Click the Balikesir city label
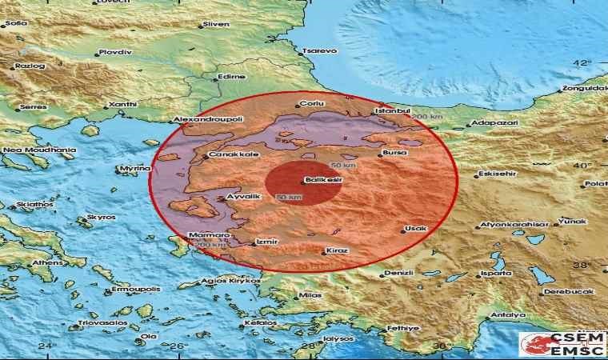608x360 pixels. pos(327,181)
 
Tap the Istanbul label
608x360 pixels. pos(395,110)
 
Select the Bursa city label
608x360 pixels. pos(396,151)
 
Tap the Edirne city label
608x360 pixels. pos(230,77)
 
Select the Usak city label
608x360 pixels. pos(416,229)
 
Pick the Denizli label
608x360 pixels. pos(397,273)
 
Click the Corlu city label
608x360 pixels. pos(310,104)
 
